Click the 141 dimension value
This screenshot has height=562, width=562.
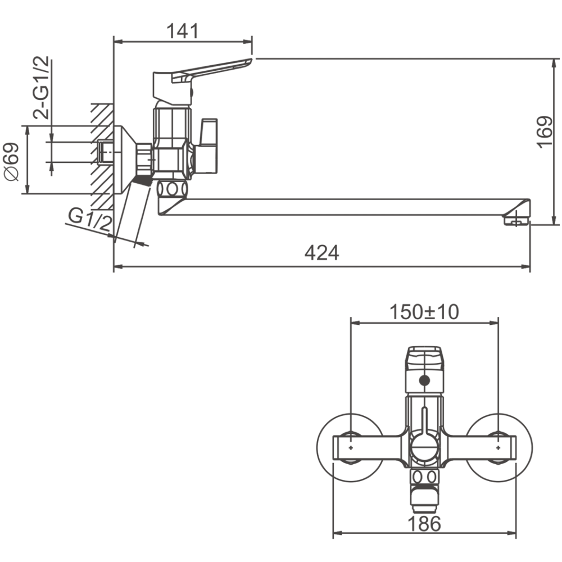[x=183, y=32]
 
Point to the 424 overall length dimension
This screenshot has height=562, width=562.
[x=322, y=253]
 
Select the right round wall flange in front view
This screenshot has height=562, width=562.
[x=500, y=447]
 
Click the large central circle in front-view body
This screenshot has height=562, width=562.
[x=424, y=448]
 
